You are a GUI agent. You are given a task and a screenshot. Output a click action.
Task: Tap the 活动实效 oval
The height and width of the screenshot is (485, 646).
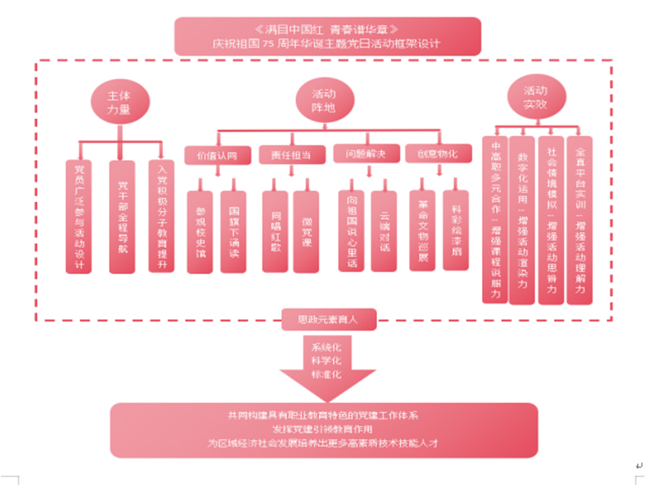pos(535,97)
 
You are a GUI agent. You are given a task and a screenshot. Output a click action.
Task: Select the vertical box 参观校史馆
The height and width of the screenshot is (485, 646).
pos(201,230)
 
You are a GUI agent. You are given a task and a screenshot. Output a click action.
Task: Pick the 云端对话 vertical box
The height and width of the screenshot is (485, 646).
pos(384,230)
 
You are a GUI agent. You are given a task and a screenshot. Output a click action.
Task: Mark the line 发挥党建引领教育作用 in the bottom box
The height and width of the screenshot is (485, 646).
pos(323,429)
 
